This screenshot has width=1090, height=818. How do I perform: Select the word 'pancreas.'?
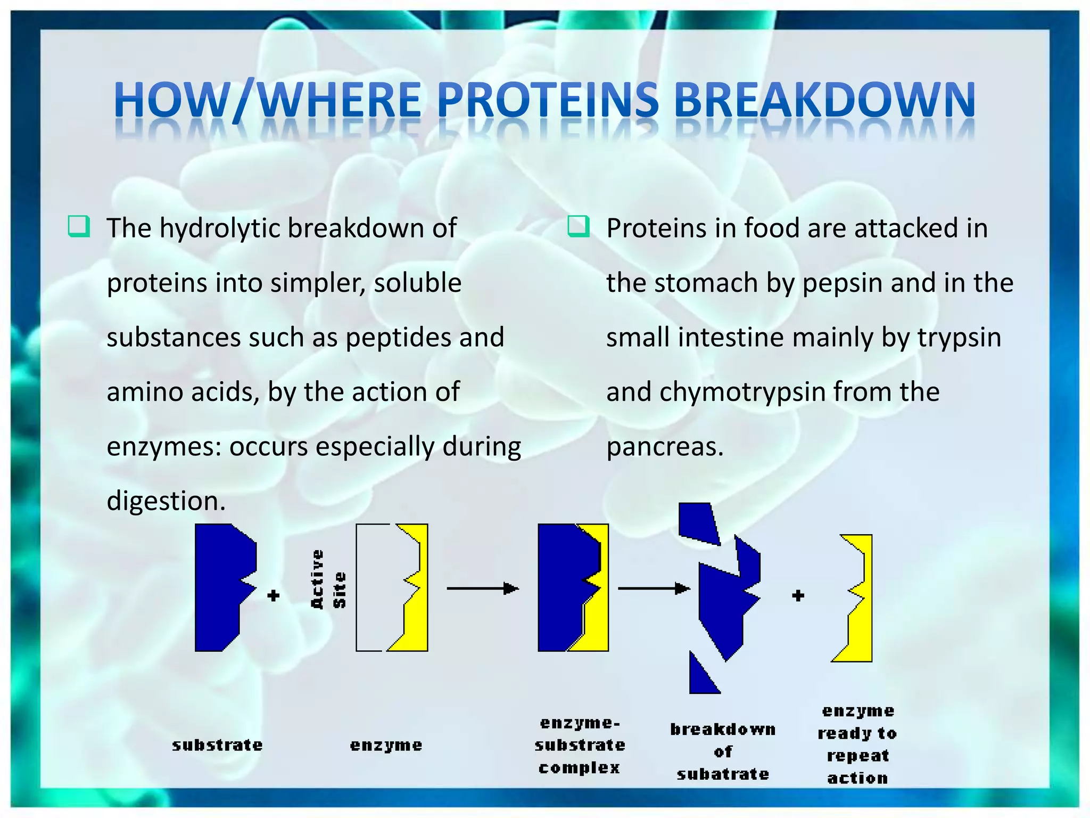pyautogui.click(x=665, y=447)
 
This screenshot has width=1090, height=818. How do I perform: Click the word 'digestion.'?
pyautogui.click(x=166, y=501)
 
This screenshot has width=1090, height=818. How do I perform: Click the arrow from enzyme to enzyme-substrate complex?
pyautogui.click(x=482, y=588)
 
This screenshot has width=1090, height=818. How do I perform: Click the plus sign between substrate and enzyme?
pyautogui.click(x=273, y=595)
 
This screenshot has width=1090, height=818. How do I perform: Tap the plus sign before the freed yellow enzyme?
pyautogui.click(x=797, y=595)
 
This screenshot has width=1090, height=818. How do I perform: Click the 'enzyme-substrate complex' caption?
pyautogui.click(x=580, y=745)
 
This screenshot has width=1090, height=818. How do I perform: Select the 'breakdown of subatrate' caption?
pyautogui.click(x=723, y=751)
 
